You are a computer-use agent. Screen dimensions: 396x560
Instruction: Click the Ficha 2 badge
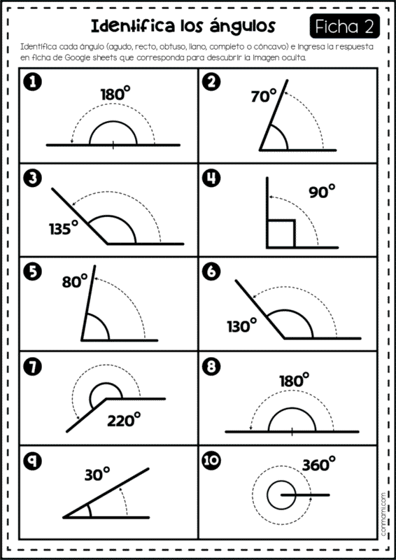pyautogui.click(x=345, y=26)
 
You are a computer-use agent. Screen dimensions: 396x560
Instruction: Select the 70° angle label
pyautogui.click(x=264, y=96)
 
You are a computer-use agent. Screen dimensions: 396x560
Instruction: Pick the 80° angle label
pyautogui.click(x=75, y=281)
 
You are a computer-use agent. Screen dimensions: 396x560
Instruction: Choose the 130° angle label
pyautogui.click(x=242, y=325)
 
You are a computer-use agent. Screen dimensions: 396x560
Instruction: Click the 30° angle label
pyautogui.click(x=97, y=475)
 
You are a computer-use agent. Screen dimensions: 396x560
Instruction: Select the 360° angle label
pyautogui.click(x=319, y=465)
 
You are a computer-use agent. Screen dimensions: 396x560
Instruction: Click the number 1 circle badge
pyautogui.click(x=32, y=83)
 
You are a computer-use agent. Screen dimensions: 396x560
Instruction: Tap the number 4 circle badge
pyautogui.click(x=212, y=178)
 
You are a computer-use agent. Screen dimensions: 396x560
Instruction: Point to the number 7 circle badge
pyautogui.click(x=32, y=367)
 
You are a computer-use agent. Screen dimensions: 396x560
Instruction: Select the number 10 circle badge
pyautogui.click(x=212, y=461)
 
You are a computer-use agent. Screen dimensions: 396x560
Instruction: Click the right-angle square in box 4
pyautogui.click(x=281, y=234)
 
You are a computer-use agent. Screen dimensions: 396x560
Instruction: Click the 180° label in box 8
pyautogui.click(x=295, y=380)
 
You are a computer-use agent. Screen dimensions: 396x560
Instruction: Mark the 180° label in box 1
pyautogui.click(x=115, y=94)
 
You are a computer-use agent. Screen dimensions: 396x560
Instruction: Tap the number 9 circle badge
pyautogui.click(x=32, y=461)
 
